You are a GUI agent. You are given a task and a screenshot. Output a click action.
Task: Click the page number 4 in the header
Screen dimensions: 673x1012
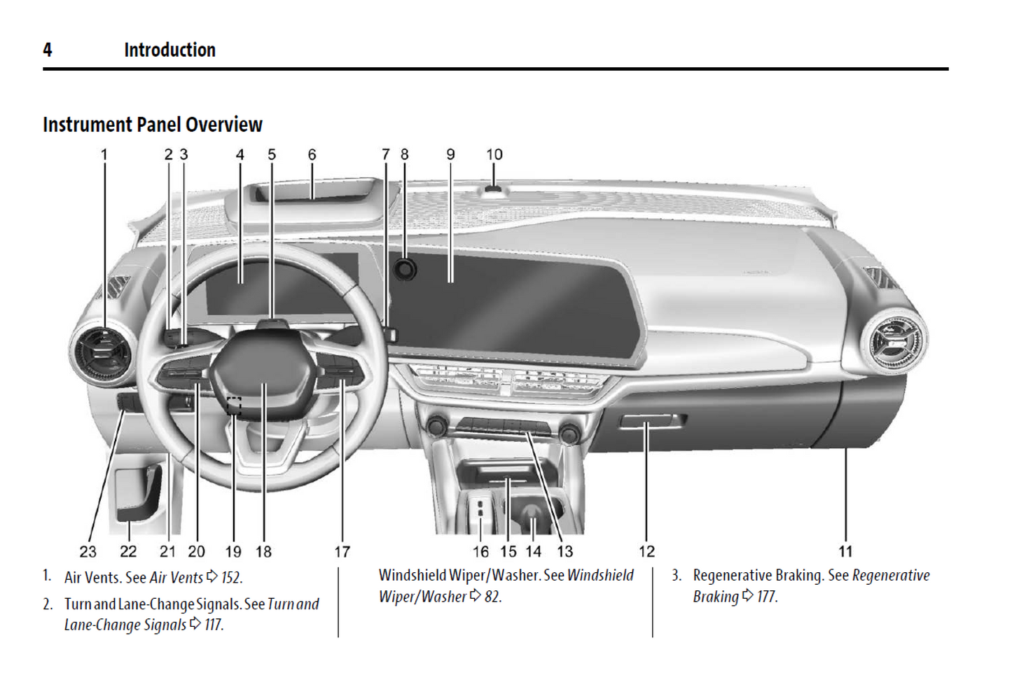pos(47,50)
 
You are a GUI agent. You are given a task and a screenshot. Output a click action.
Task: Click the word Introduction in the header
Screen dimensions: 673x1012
pos(169,50)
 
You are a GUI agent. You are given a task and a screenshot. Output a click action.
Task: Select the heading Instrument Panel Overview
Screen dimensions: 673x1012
pos(152,125)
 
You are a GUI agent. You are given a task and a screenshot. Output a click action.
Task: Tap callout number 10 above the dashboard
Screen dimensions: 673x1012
pos(494,154)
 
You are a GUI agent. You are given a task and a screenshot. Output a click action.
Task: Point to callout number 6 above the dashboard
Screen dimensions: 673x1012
pos(312,154)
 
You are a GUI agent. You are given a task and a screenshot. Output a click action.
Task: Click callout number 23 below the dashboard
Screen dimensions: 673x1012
pos(88,552)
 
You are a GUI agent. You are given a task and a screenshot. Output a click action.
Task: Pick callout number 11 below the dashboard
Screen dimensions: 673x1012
pos(845,552)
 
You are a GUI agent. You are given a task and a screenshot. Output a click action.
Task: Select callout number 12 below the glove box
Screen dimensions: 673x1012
pos(646,552)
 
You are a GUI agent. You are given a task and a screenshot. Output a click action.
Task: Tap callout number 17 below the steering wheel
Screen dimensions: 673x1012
pos(342,552)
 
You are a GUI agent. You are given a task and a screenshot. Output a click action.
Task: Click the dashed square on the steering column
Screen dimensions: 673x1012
pos(234,405)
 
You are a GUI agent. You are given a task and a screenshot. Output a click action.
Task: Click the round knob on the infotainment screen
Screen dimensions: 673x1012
pos(405,269)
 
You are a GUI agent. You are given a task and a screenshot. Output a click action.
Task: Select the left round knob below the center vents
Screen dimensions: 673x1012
pos(438,425)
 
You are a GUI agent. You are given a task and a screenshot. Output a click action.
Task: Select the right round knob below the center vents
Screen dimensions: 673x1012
pos(569,433)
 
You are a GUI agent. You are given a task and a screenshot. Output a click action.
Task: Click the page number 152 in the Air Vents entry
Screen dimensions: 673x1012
pos(231,578)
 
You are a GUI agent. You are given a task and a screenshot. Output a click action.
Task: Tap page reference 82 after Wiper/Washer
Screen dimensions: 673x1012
pos(492,597)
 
